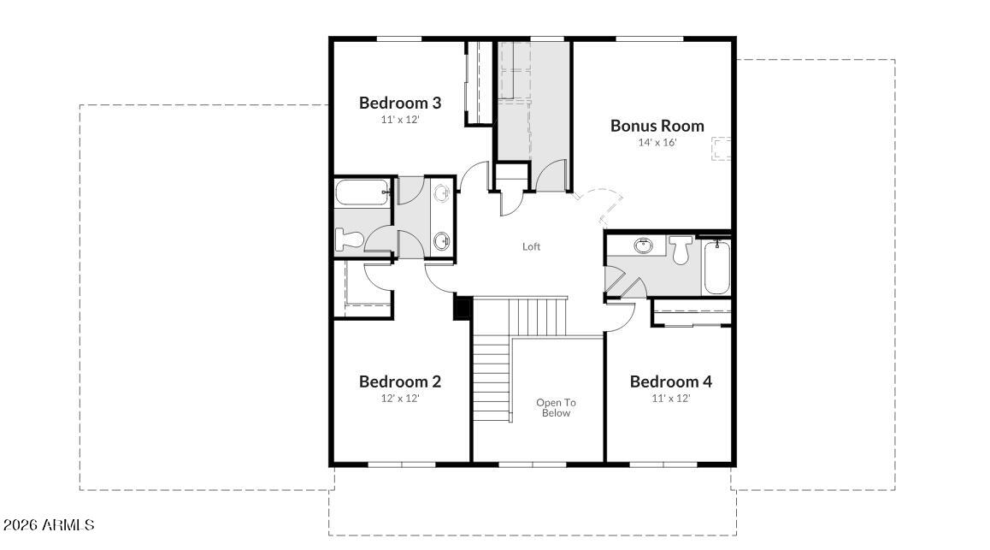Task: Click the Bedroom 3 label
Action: pos(399,103)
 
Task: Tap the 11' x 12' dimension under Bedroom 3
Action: pos(399,119)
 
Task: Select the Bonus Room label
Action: pos(657,126)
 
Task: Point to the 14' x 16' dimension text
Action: pos(657,142)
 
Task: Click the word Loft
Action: pos(531,246)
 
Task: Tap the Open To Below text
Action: pos(556,407)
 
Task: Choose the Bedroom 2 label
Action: pos(399,381)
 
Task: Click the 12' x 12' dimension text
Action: pos(399,398)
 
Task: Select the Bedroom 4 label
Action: pos(670,381)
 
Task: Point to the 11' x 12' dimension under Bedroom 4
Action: pos(670,398)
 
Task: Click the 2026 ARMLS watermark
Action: pos(49,524)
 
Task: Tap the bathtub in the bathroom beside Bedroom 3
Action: pos(362,192)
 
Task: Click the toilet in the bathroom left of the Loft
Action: pos(349,240)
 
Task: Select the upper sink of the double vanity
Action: pos(442,192)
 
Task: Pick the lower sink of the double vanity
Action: pos(442,240)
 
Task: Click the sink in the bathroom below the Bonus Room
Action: pos(644,245)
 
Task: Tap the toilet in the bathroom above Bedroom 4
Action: pos(681,250)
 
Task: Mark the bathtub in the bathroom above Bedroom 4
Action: pos(716,267)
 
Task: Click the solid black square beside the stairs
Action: pos(463,308)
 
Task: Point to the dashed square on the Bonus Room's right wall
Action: pos(721,148)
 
